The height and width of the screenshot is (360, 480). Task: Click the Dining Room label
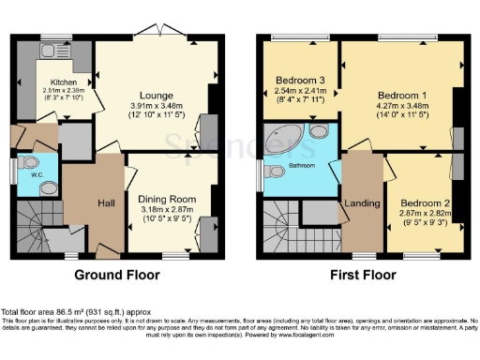tap(167, 199)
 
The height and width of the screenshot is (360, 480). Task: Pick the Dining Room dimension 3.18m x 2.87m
tap(167, 210)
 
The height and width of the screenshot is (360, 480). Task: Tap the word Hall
tap(104, 203)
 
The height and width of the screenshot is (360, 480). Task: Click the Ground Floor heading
tap(116, 276)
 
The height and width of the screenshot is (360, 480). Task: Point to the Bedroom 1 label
tap(401, 96)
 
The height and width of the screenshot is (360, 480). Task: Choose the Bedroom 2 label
tap(426, 202)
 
